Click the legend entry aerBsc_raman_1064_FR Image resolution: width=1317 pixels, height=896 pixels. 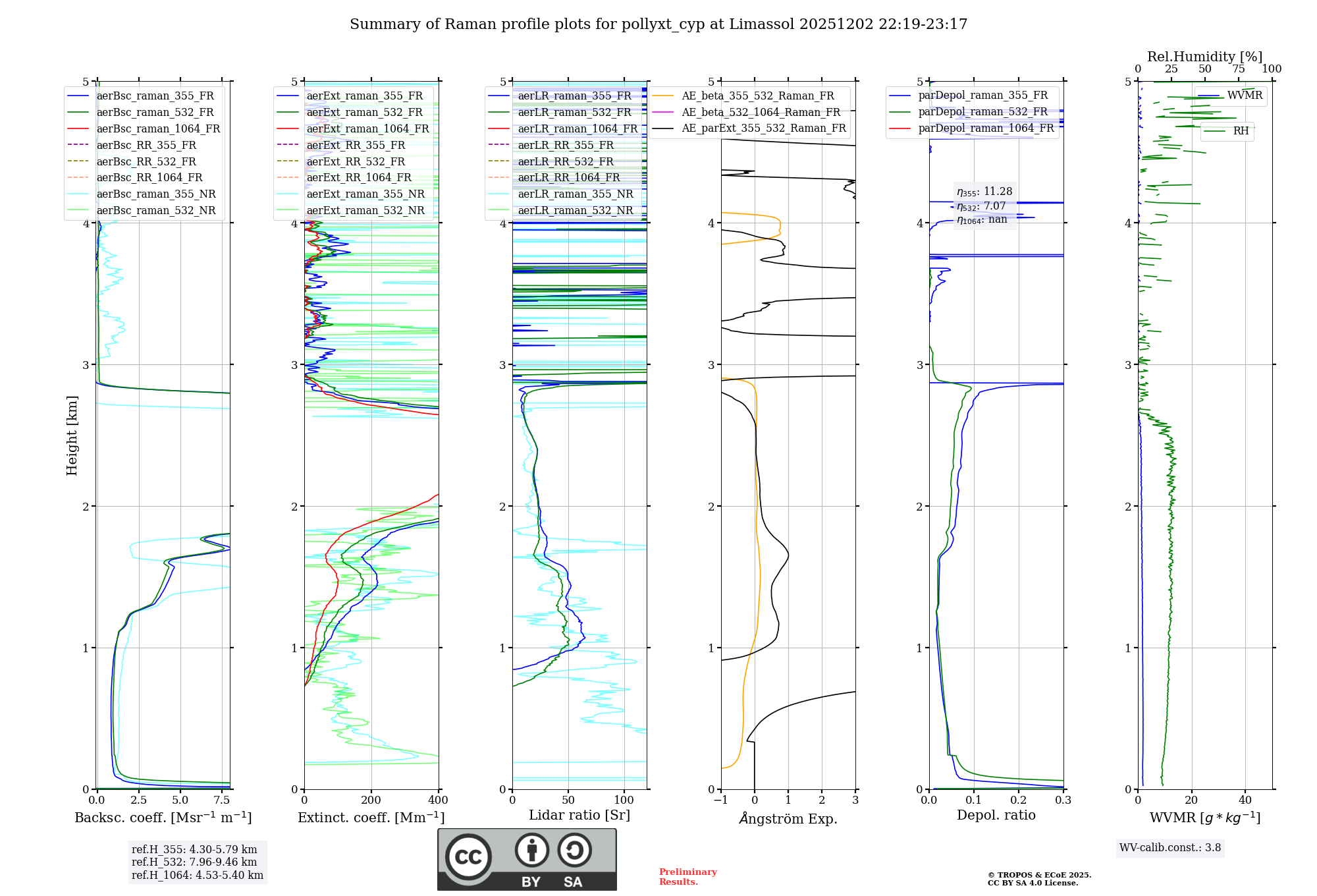point(158,128)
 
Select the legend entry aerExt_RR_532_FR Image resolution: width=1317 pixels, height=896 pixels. point(356,161)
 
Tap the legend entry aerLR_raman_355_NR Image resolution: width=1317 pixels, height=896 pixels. point(575,194)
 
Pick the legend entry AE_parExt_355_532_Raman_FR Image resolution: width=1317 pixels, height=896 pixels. point(763,128)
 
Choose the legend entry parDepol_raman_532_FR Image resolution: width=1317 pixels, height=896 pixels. point(982,112)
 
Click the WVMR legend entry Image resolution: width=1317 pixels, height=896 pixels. point(1245,96)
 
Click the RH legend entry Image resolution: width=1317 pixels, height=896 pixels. point(1241,131)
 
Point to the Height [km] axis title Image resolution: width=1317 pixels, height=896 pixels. point(72,435)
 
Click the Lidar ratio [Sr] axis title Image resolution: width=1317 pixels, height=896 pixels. point(579,815)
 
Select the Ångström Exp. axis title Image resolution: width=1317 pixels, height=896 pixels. point(788,818)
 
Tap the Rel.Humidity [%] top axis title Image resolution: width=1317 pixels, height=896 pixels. point(1204,57)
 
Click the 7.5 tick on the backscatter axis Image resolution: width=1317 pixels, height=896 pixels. point(222,800)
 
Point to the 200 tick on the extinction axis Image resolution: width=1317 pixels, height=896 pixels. point(371,800)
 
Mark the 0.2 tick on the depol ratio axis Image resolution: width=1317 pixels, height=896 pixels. point(1019,800)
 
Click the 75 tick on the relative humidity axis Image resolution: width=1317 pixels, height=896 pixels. point(1239,69)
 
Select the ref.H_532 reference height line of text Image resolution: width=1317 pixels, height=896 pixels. point(194,862)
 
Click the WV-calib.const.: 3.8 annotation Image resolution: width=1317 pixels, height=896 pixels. point(1170,847)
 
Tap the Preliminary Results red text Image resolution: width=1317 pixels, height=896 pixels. point(687,876)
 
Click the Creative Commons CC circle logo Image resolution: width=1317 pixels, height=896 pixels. point(468,857)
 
